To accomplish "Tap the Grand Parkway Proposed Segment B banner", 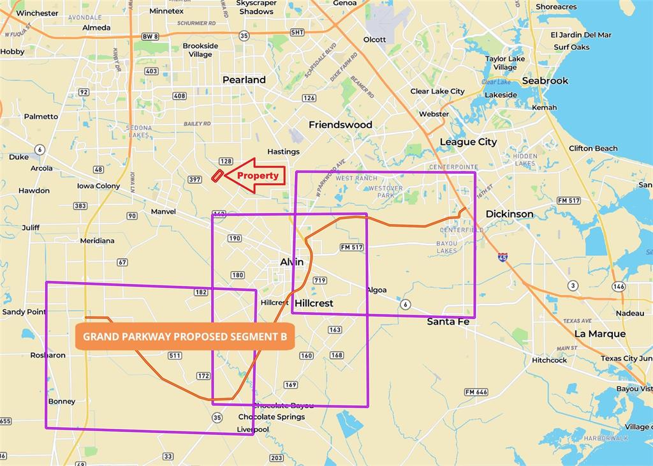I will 185,336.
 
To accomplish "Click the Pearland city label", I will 244,80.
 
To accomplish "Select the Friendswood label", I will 341,124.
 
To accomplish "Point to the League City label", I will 468,142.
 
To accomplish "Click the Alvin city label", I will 292,262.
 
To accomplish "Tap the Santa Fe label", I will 448,322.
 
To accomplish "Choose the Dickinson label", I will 510,214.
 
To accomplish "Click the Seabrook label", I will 545,80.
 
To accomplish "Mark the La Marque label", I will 599,333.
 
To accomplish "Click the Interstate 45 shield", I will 503,257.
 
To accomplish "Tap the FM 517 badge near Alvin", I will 351,247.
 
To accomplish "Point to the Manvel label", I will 163,211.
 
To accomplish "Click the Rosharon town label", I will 48,355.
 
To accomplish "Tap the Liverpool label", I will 253,429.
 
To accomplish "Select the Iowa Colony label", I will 98,186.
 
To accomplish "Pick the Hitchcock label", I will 549,360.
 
